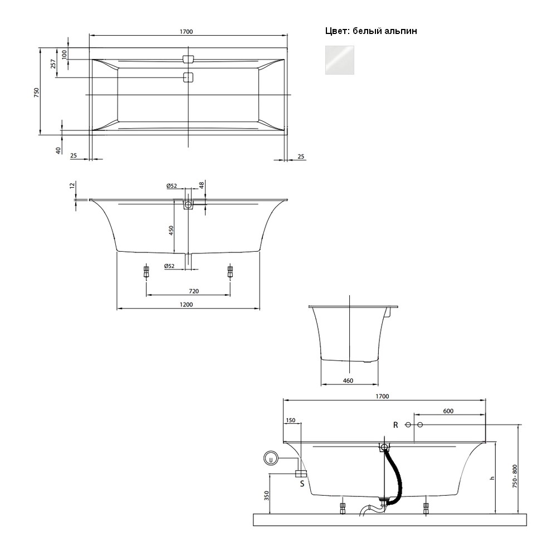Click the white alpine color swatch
click(340, 60)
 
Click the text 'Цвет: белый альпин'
click(371, 31)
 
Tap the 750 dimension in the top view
click(36, 92)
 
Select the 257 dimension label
click(53, 63)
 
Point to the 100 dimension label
click(64, 55)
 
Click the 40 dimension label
click(58, 150)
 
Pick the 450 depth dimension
click(171, 231)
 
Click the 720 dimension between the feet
click(194, 291)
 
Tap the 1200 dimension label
click(186, 305)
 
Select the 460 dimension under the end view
click(348, 380)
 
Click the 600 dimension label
click(448, 411)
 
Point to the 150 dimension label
click(290, 420)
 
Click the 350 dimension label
click(267, 496)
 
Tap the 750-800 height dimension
click(515, 476)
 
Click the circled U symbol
click(271, 458)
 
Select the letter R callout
click(395, 425)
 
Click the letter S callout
click(302, 483)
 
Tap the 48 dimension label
click(202, 185)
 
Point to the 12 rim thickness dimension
click(72, 185)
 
